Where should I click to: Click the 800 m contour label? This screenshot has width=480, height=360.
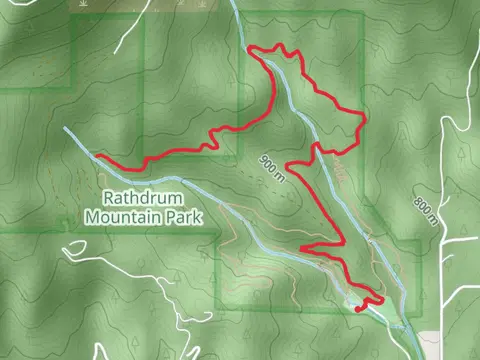tap(425, 211)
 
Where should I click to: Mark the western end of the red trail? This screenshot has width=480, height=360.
tap(96, 155)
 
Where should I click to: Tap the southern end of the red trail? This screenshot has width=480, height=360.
tap(358, 310)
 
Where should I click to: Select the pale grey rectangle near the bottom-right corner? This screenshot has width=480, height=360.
tap(429, 345)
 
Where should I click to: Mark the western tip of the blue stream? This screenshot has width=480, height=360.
tap(66, 129)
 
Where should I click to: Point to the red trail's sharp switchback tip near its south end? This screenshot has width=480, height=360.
tap(301, 247)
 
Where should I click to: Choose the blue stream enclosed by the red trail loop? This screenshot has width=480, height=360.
tap(300, 110)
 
